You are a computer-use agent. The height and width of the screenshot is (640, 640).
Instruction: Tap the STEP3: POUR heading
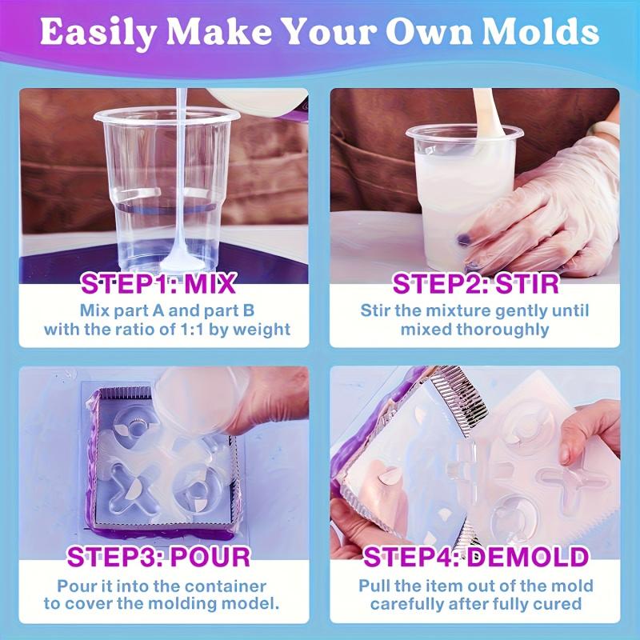click(158, 556)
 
